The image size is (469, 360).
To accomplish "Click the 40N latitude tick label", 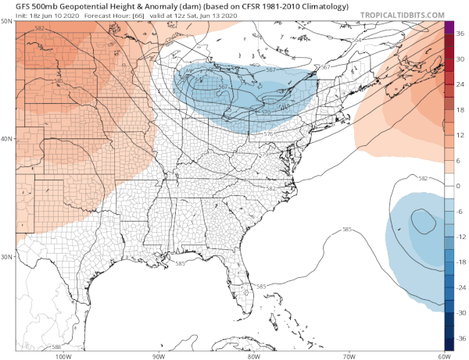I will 7,139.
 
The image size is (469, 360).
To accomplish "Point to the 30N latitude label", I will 7,257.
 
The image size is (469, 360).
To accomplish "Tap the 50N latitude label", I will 7,21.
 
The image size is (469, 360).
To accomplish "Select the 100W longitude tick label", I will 63,355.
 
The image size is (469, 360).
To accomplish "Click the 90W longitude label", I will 159,355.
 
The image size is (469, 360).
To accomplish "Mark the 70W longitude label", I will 348,355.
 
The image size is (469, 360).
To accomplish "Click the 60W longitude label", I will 443,355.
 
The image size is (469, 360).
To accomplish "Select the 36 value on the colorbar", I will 460,35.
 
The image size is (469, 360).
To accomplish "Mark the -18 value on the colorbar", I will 460,261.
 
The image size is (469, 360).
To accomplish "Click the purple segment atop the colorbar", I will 449,27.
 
